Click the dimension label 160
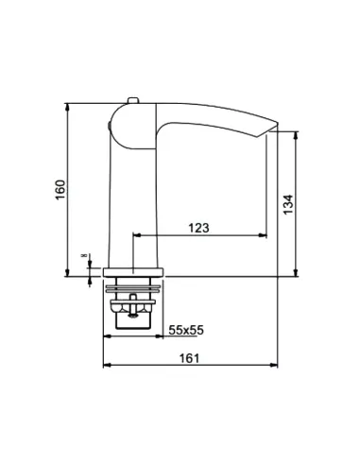[60, 189]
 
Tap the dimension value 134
[288, 205]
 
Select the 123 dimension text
[198, 228]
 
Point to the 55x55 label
[186, 330]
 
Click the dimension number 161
[189, 358]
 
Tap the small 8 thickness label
[84, 255]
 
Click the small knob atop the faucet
[133, 100]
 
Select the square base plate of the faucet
[133, 272]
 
